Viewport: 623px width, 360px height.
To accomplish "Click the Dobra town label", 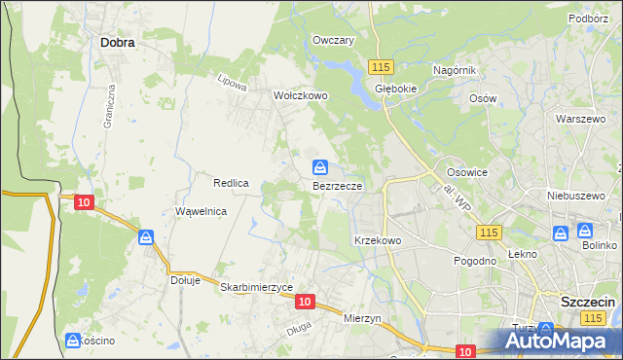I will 117,43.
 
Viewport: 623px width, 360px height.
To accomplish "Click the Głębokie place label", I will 396,87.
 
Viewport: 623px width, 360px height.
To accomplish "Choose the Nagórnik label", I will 454,71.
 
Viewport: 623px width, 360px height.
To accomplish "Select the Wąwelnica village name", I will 201,211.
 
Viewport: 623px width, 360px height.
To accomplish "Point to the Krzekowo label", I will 378,240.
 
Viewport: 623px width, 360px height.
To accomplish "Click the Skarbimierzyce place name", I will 256,287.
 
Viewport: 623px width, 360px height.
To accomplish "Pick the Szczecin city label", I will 588,302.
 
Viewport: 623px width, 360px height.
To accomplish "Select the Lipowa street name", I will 232,83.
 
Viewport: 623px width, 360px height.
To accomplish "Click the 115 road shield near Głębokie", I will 381,65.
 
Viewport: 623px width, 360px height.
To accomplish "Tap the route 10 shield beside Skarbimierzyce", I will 304,303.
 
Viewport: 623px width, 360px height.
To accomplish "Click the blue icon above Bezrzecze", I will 319,167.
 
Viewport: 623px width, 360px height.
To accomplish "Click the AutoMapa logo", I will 560,340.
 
